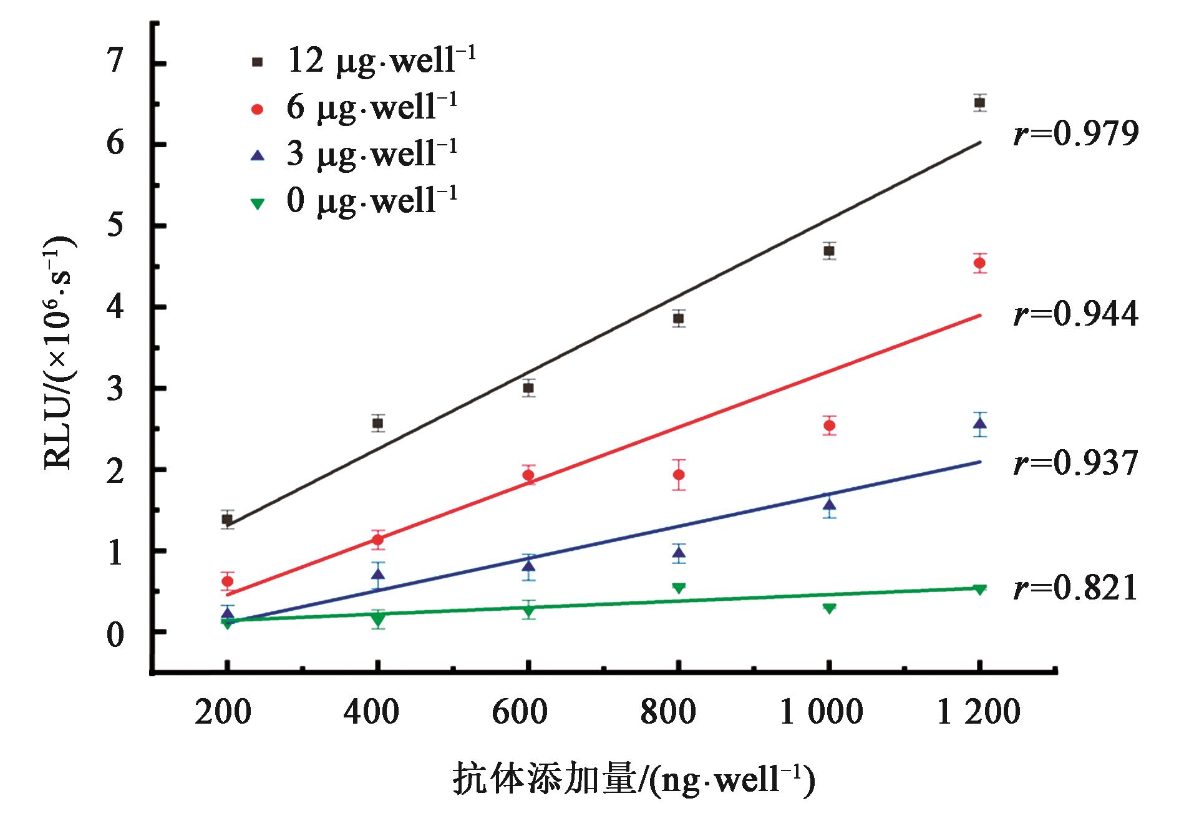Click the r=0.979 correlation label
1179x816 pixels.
coord(1076,134)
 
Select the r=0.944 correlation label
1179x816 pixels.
coord(1076,315)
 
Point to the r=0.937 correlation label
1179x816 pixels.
coord(1076,465)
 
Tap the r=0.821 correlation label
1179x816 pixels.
coord(1076,590)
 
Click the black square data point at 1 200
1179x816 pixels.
coord(979,103)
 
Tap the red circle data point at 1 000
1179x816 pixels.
coord(829,425)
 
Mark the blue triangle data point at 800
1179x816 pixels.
coord(679,553)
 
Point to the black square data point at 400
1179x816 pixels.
coord(377,423)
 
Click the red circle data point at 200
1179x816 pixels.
coord(227,581)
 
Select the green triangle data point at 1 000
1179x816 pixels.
coord(829,608)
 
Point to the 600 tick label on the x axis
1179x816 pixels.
coord(520,712)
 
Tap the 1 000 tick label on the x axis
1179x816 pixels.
coord(822,712)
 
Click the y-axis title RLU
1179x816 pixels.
coord(59,356)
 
